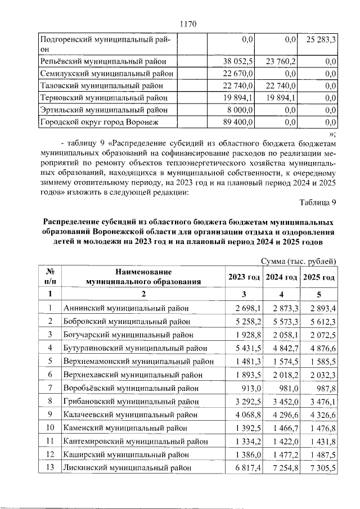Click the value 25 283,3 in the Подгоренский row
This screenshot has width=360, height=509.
(x=321, y=40)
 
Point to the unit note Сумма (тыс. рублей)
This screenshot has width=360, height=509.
(x=299, y=260)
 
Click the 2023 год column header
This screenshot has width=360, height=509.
(x=244, y=277)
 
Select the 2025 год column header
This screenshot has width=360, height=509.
(x=319, y=277)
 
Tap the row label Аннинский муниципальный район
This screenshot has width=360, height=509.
(x=126, y=308)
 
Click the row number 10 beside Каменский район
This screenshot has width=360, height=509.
(x=50, y=427)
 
